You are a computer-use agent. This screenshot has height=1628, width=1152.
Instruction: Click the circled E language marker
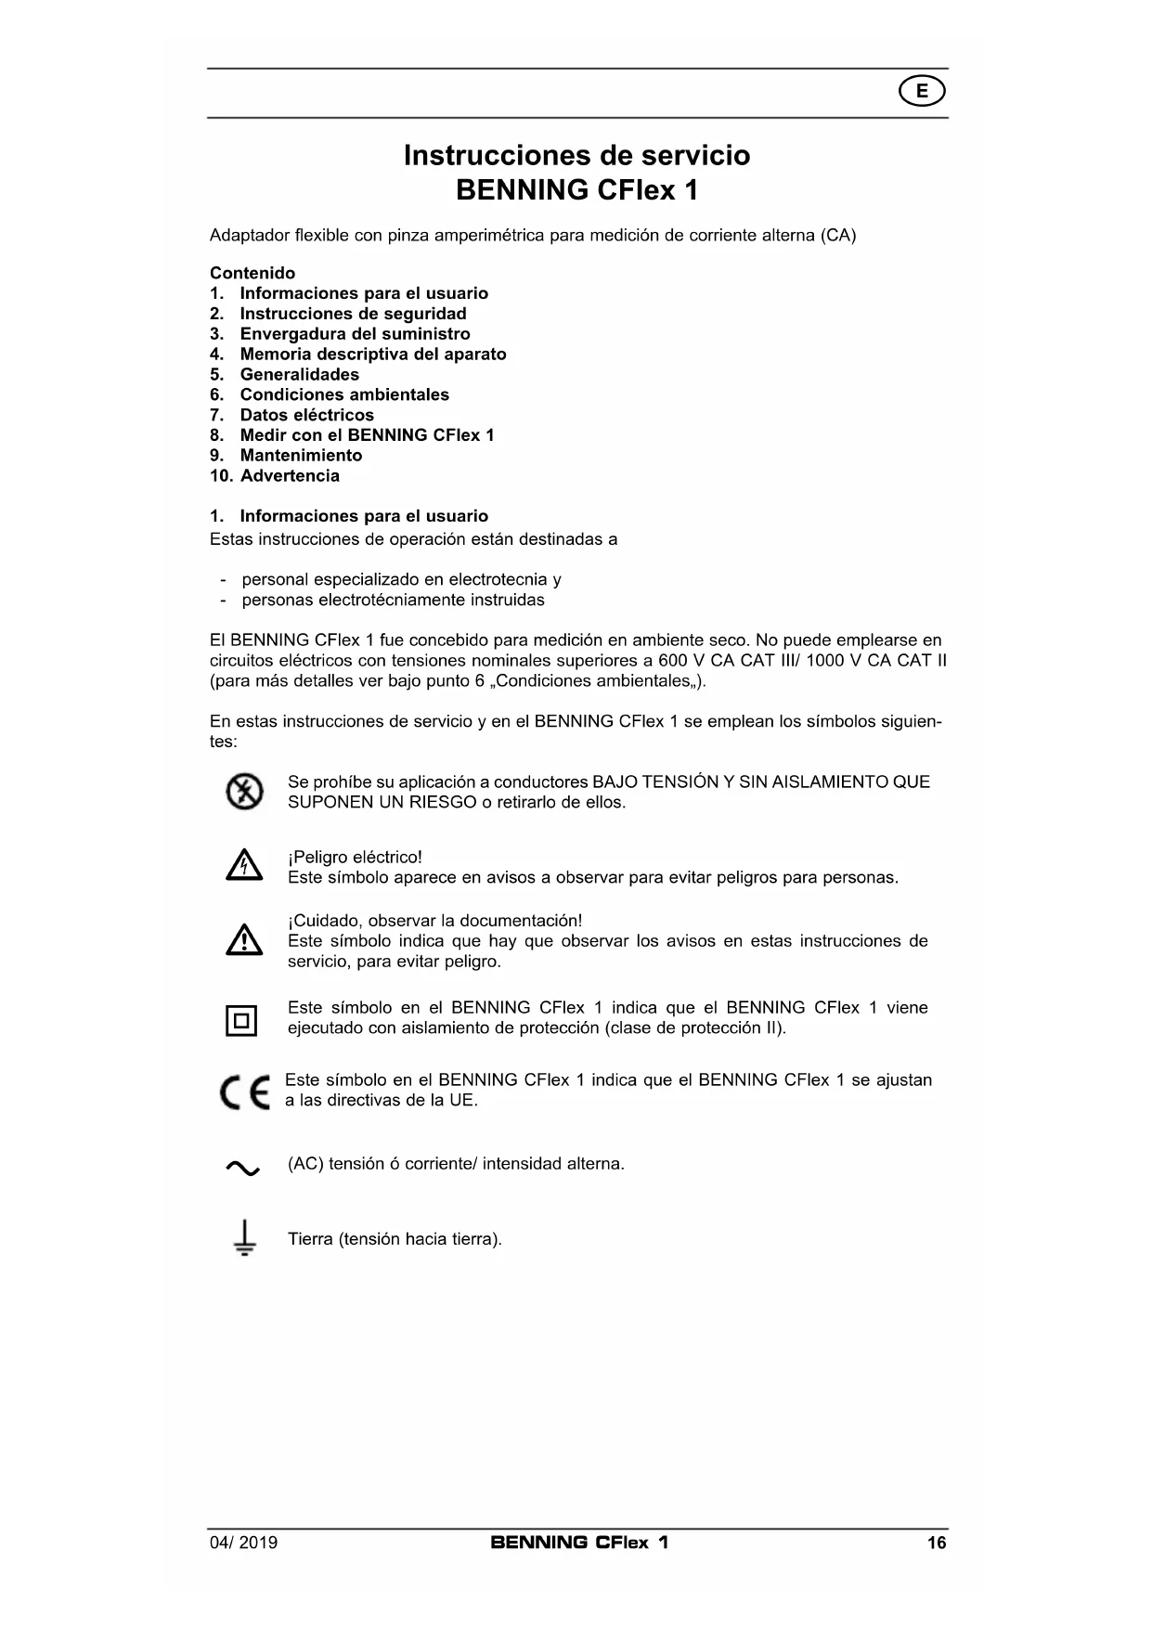[x=922, y=91]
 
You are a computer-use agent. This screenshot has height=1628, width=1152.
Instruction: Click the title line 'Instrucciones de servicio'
[x=576, y=155]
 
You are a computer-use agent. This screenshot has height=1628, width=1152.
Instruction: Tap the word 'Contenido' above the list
[x=252, y=273]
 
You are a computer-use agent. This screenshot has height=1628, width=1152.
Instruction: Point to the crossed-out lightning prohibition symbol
[x=244, y=792]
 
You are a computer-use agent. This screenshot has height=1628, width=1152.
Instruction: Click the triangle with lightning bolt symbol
[x=243, y=867]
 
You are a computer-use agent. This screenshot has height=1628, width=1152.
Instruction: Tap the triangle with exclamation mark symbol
[x=243, y=941]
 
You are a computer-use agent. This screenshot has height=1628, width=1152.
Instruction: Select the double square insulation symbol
[x=242, y=1021]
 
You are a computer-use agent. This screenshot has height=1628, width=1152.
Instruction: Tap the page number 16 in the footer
[x=936, y=1543]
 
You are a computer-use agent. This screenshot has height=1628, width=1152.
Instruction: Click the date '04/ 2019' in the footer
[x=243, y=1543]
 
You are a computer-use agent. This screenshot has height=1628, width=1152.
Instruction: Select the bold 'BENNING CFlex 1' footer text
[x=579, y=1543]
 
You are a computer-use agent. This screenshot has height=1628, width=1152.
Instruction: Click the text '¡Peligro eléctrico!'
[x=355, y=858]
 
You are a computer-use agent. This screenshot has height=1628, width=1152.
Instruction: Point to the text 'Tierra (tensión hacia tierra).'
[x=395, y=1239]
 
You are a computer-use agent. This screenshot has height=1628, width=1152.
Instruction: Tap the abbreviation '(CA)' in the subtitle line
[x=837, y=235]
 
